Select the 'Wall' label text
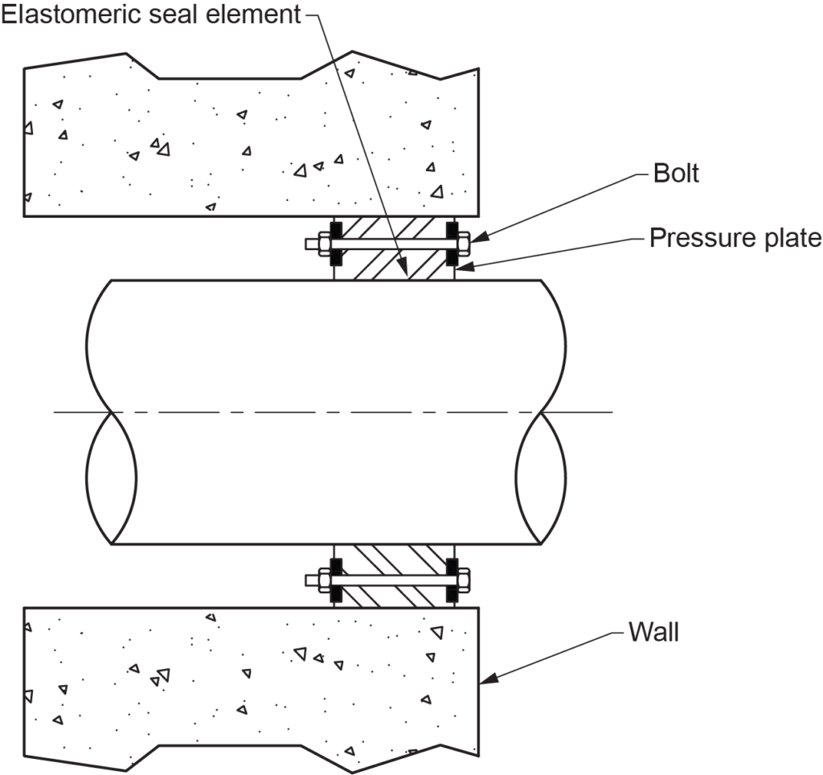[x=653, y=632]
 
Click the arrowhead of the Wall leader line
[x=486, y=682]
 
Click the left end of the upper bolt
[x=313, y=242]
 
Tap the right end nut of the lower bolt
[x=463, y=580]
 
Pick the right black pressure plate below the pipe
[x=451, y=580]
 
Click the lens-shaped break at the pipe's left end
[x=111, y=478]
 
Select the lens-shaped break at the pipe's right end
[x=540, y=478]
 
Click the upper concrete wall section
[x=241, y=145]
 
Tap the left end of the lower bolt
[x=313, y=580]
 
